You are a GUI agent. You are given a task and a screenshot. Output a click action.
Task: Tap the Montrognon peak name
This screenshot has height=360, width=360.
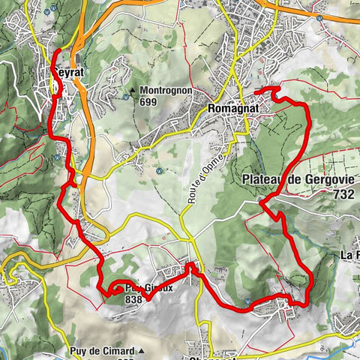tap(166, 90)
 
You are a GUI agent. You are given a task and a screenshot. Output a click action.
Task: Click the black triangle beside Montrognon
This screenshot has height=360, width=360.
tap(132, 91)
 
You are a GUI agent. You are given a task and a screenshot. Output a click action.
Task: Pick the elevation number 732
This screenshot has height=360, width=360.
tap(340, 193)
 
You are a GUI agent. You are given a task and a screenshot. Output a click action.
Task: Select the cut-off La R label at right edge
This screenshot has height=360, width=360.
tap(349, 255)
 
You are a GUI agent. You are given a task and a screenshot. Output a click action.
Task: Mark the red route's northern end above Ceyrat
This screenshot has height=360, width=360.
tap(56, 50)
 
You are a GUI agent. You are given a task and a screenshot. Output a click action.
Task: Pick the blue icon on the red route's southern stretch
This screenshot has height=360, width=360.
tap(247, 303)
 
